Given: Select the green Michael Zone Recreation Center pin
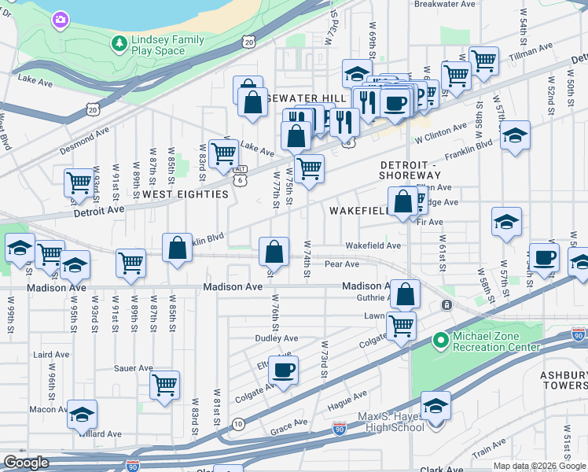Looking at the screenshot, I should click(441, 341).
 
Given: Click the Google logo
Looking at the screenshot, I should click(26, 463).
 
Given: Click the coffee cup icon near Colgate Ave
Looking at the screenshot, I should click(283, 369).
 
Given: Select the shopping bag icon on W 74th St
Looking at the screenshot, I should click(274, 252).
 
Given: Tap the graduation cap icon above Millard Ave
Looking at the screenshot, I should click(82, 415).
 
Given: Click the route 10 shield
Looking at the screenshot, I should click(237, 425).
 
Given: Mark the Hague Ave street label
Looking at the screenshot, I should click(348, 395).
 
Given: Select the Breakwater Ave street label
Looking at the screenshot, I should click(445, 4).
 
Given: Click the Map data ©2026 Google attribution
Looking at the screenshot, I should click(538, 466).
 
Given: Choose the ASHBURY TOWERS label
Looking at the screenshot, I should click(564, 381).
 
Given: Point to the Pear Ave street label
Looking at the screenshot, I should click(341, 264).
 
